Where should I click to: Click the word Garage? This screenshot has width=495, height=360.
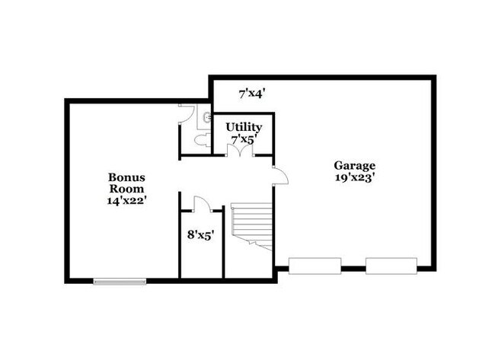click(x=354, y=165)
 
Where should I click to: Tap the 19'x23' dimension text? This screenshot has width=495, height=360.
click(x=354, y=177)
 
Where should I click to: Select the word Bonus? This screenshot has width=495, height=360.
click(x=126, y=177)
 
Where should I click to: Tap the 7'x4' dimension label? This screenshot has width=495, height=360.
click(x=251, y=94)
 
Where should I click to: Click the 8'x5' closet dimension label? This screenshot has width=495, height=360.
click(x=201, y=235)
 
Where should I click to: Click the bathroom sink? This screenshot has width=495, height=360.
click(x=206, y=117)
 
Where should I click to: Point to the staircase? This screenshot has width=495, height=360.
click(x=252, y=221)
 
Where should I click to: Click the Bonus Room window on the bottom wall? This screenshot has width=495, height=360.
click(x=120, y=281)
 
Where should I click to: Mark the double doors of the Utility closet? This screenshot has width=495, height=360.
click(x=240, y=150)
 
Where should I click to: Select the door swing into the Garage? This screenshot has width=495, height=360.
click(x=280, y=176)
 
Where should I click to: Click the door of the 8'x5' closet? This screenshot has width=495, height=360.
click(x=201, y=203)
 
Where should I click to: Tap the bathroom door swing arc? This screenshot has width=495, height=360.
click(x=186, y=114)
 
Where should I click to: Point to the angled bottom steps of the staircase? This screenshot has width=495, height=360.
click(x=261, y=242)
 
